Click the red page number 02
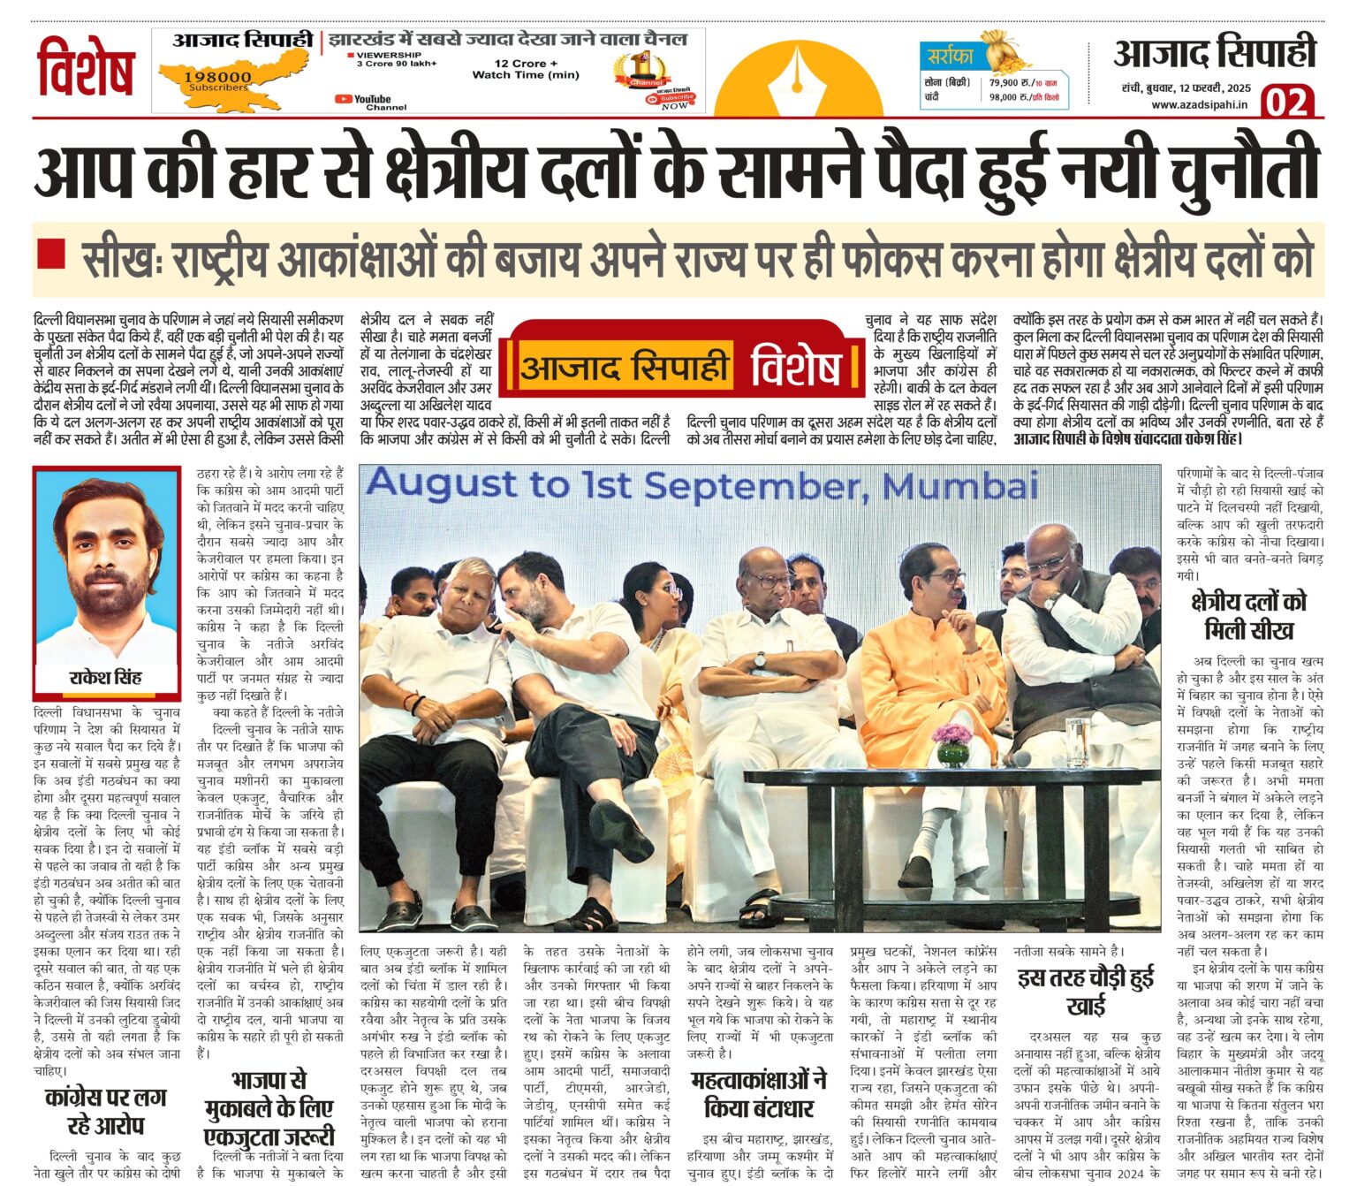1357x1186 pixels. tap(1288, 102)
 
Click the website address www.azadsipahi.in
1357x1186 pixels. tap(1199, 104)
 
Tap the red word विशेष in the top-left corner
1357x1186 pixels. tap(86, 68)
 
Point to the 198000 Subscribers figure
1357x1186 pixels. tap(217, 80)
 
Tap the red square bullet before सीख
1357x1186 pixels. tap(51, 254)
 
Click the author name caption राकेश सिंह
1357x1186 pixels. tap(105, 677)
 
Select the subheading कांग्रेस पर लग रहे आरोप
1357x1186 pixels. tap(106, 1112)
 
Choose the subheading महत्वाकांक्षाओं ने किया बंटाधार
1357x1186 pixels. tap(758, 1094)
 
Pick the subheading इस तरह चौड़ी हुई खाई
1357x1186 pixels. tap(1086, 992)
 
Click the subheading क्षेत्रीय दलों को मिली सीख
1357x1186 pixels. tap(1248, 615)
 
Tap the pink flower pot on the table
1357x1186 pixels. tap(951, 742)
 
